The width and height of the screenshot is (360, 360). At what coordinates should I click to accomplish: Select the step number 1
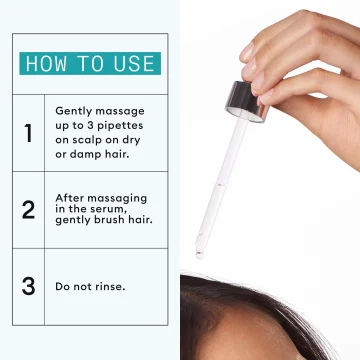[x=28, y=133]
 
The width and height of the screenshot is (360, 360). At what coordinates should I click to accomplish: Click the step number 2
[x=28, y=210]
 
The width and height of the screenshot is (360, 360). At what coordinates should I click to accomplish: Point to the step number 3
[x=28, y=286]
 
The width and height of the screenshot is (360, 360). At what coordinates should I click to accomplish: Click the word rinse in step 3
[x=111, y=287]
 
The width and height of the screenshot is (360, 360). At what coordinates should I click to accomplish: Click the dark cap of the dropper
[x=248, y=101]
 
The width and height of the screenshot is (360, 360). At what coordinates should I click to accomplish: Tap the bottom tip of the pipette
[x=200, y=256]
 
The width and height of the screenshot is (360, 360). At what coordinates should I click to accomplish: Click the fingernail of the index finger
[x=248, y=51]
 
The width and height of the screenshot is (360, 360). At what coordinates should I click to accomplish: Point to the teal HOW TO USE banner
[x=90, y=63]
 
